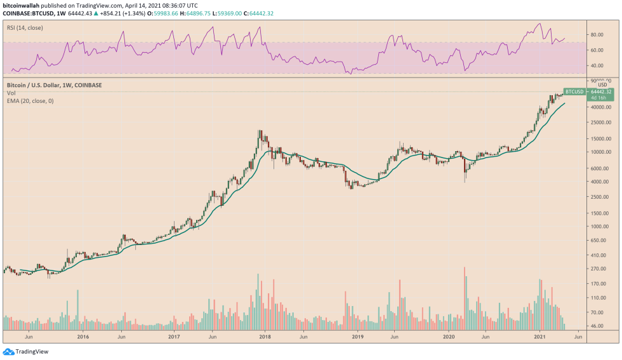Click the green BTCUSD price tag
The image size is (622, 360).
574,91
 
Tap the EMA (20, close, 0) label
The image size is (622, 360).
29,101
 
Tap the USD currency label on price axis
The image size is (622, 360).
602,84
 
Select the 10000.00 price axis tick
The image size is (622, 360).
600,152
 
